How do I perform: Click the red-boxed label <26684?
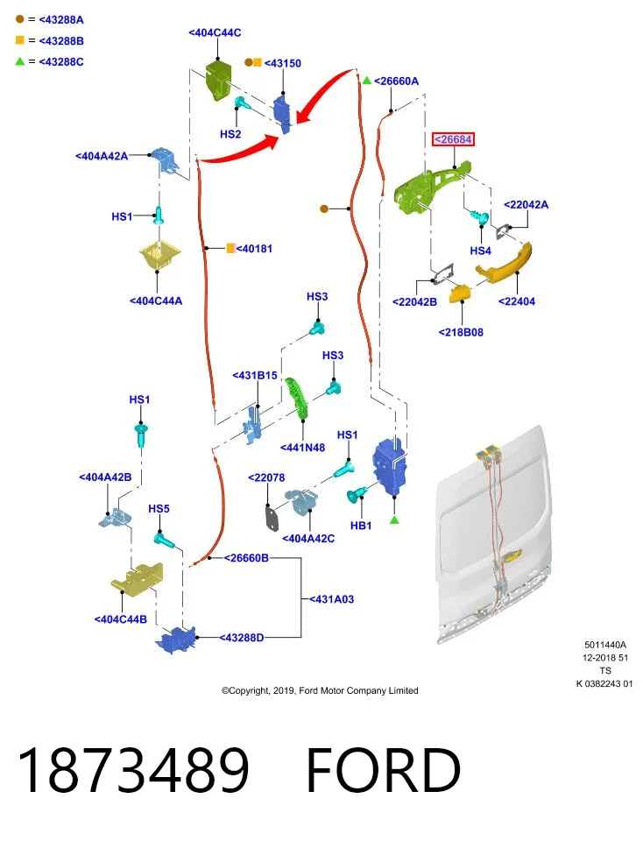(x=454, y=139)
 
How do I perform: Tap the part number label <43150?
(x=283, y=63)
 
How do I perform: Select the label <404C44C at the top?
(x=215, y=32)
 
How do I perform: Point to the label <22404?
(x=517, y=301)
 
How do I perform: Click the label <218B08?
(x=461, y=333)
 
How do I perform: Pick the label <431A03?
(x=331, y=599)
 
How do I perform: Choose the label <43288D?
(x=241, y=638)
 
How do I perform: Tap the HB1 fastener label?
(x=361, y=526)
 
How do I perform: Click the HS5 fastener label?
(x=159, y=508)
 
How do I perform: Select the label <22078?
(x=266, y=478)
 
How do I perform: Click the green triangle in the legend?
(x=20, y=61)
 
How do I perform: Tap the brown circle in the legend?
(x=20, y=19)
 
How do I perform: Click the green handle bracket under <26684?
(x=429, y=187)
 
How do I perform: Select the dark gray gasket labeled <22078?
(x=272, y=518)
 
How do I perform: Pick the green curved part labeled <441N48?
(x=297, y=397)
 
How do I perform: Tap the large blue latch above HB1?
(x=391, y=467)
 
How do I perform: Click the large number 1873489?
(x=133, y=770)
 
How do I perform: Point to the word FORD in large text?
(x=383, y=770)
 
